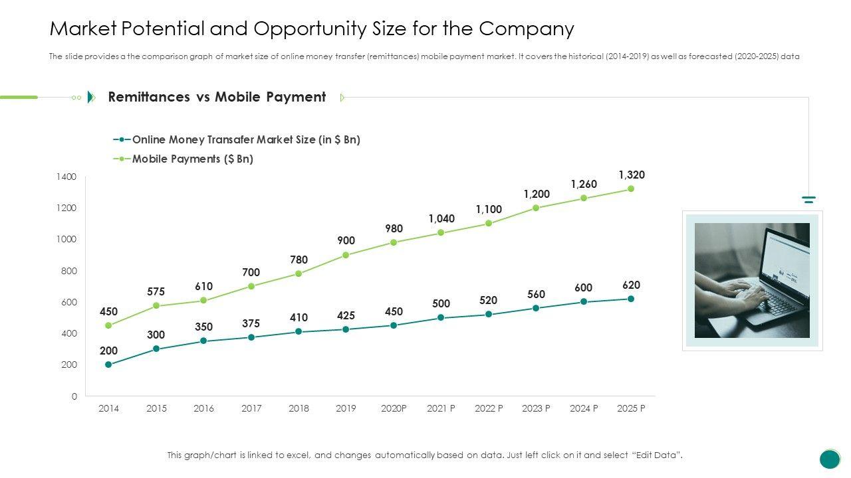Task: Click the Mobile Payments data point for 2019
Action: click(x=346, y=255)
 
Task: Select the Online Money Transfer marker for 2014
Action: click(x=108, y=364)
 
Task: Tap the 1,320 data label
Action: click(x=631, y=175)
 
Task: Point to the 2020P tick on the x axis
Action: click(x=394, y=409)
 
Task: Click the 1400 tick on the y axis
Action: click(x=66, y=177)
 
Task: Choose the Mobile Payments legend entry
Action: click(x=192, y=159)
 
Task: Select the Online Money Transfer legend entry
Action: click(x=245, y=139)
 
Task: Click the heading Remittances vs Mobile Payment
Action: click(x=217, y=97)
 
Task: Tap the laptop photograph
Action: click(x=752, y=280)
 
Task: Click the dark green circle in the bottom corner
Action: click(x=830, y=459)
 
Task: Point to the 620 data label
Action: click(x=631, y=285)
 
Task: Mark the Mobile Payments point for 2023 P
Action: click(x=536, y=208)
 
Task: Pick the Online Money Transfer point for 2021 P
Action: click(x=441, y=318)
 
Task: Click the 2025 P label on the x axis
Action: click(x=631, y=409)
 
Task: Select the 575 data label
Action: click(x=156, y=291)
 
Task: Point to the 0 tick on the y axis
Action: click(x=74, y=396)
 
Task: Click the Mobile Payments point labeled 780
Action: click(x=299, y=274)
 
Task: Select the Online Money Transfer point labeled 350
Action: click(x=203, y=341)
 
